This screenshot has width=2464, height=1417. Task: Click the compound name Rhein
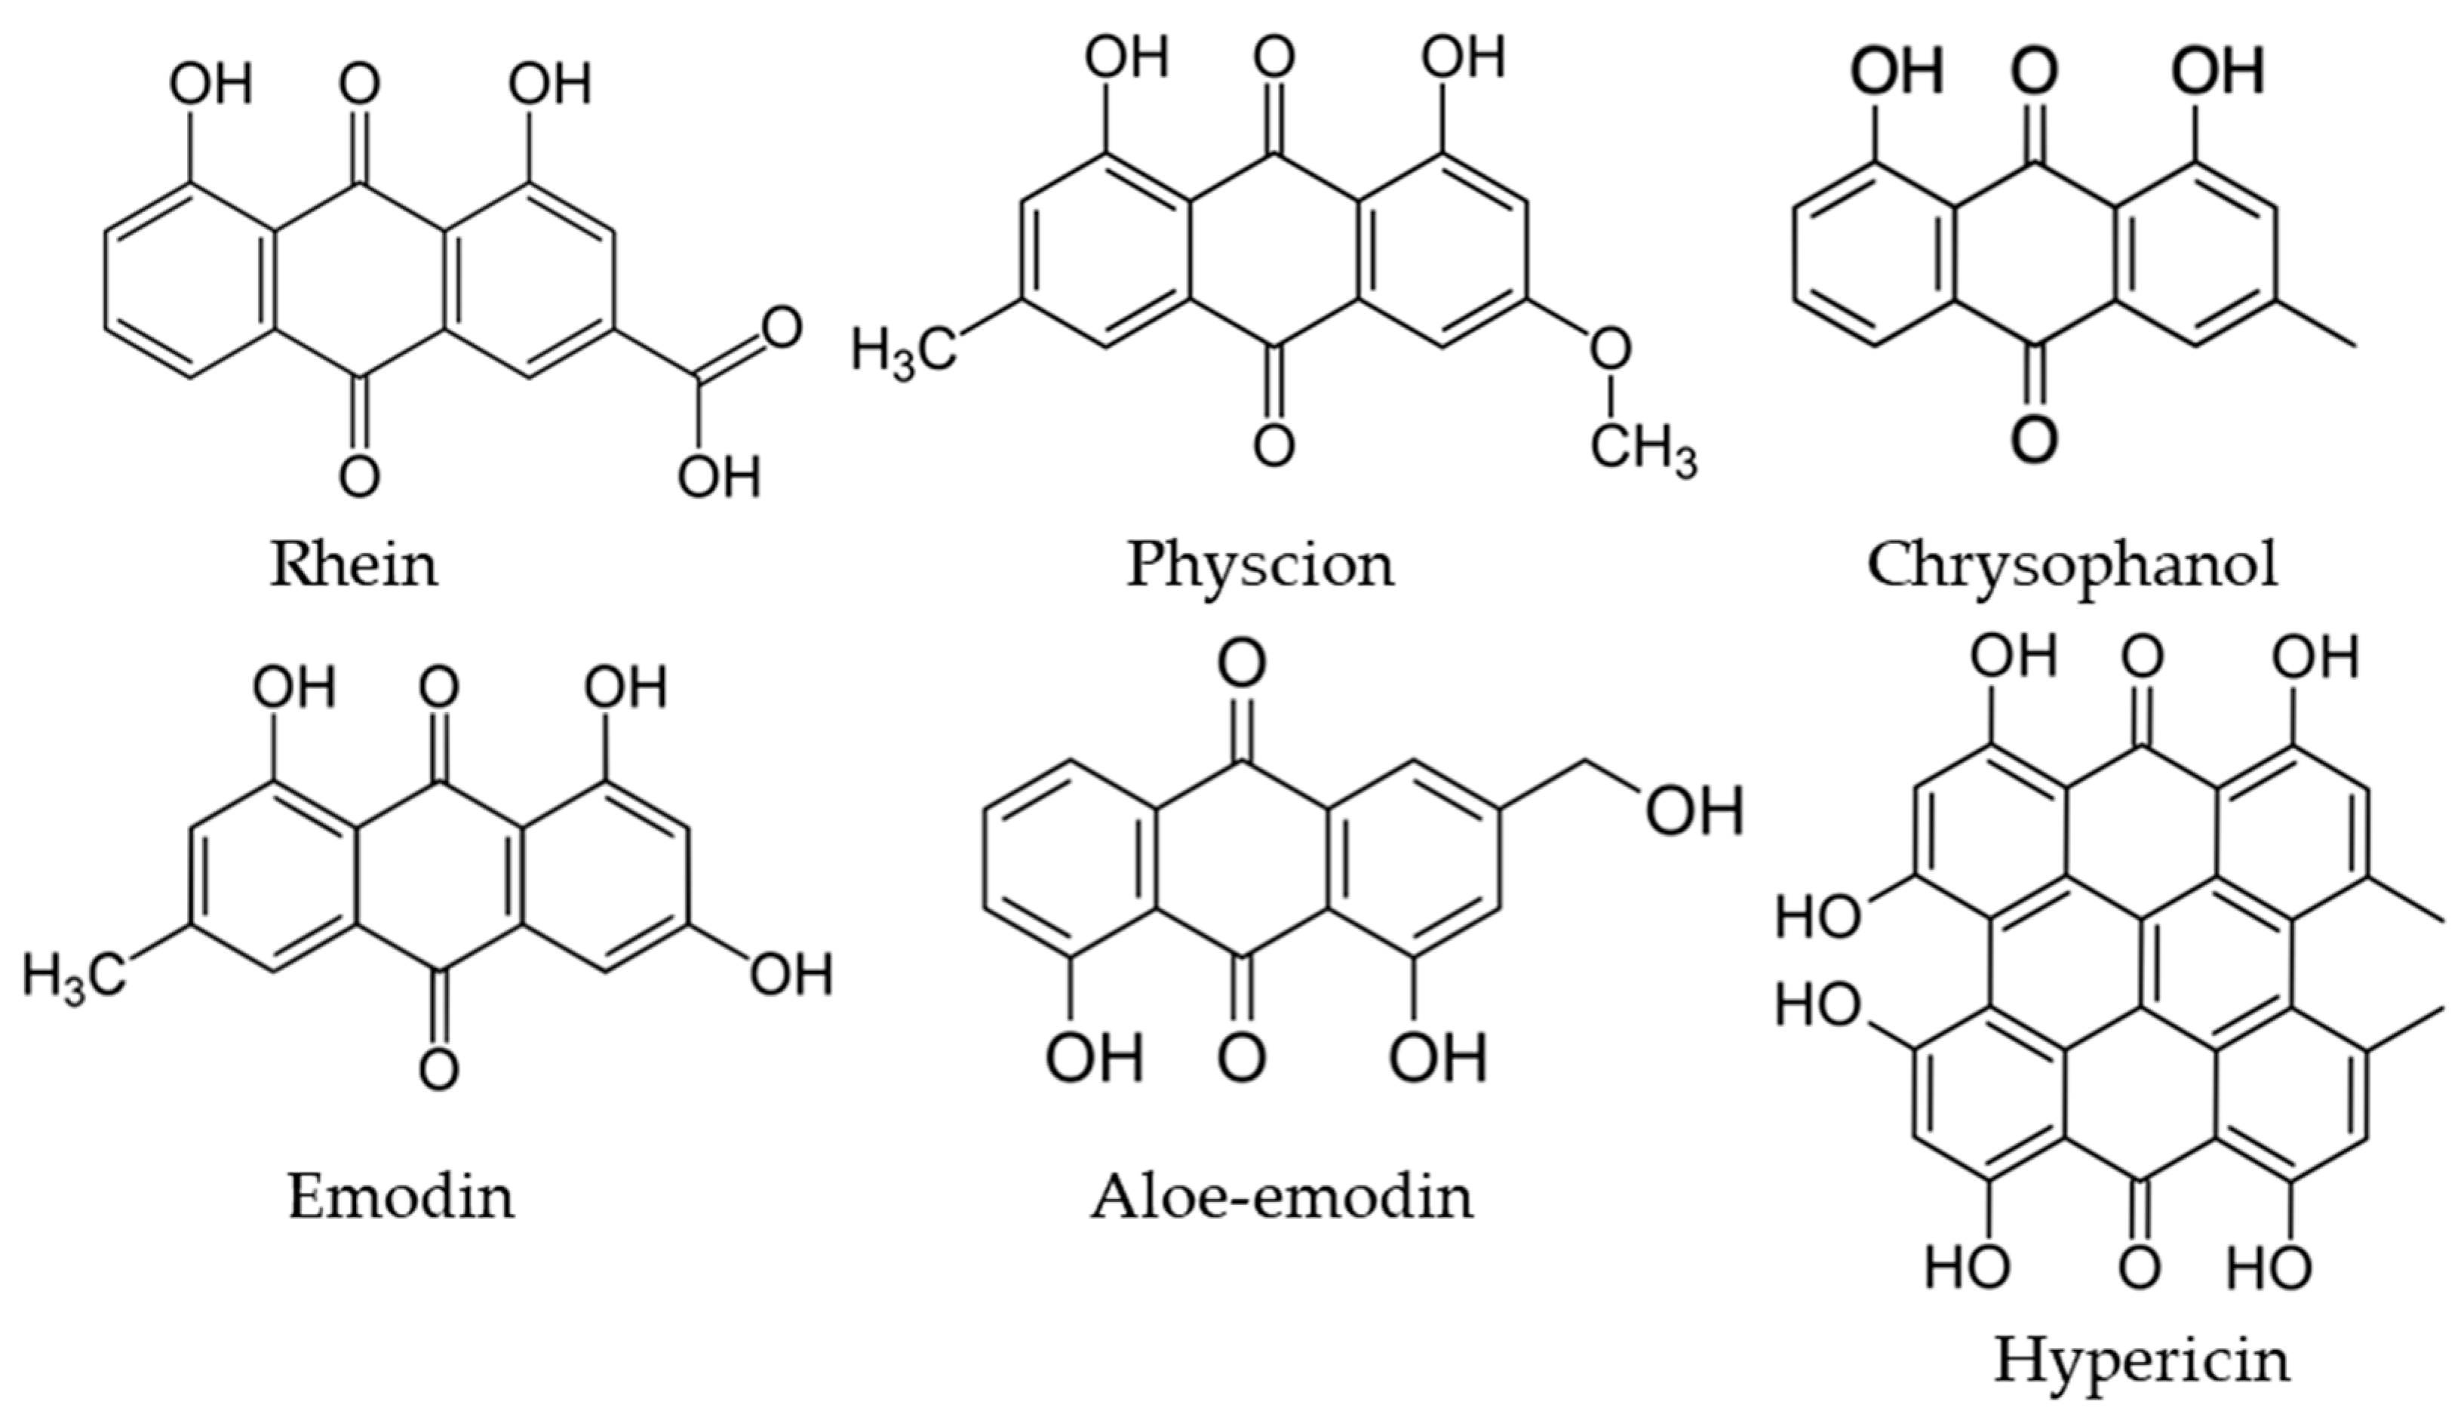coord(355,564)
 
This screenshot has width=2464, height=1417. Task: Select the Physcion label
coord(1260,564)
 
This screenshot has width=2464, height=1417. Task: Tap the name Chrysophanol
coord(2072,564)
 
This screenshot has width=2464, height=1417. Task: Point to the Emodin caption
coord(401,1196)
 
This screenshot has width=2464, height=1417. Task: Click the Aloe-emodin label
coord(1282,1196)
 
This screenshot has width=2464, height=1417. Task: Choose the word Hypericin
coord(2142,1360)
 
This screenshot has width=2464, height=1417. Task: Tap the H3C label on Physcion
coord(903,350)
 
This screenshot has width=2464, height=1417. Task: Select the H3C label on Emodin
coord(75,974)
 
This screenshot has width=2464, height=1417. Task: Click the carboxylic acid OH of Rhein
coord(719,477)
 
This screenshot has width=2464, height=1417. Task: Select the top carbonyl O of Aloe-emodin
coord(1243,664)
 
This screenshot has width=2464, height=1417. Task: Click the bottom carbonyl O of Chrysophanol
coord(2033,438)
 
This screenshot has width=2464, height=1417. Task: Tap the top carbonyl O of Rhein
coord(359,85)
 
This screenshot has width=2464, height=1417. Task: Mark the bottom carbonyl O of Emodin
coord(439,1071)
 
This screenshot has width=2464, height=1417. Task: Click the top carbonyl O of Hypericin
coord(2142,657)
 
